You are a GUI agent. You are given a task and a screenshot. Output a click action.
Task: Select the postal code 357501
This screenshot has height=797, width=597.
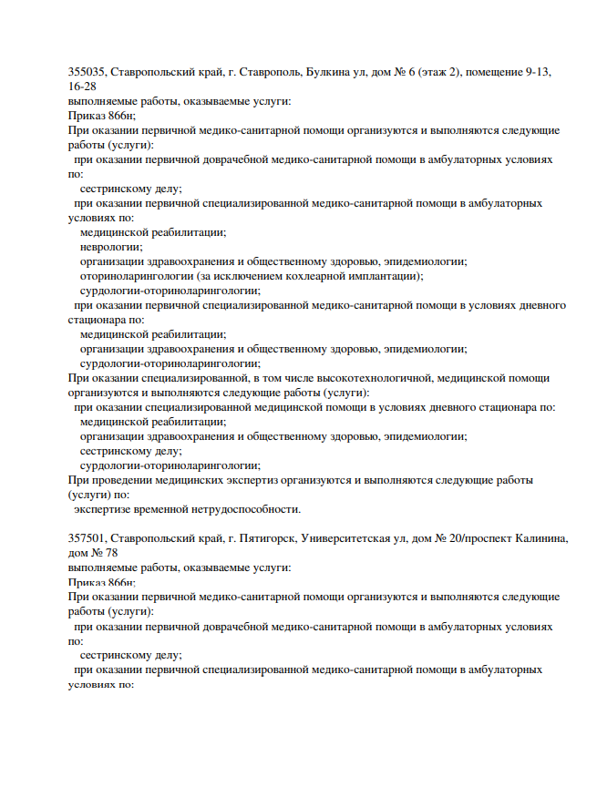point(87,539)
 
